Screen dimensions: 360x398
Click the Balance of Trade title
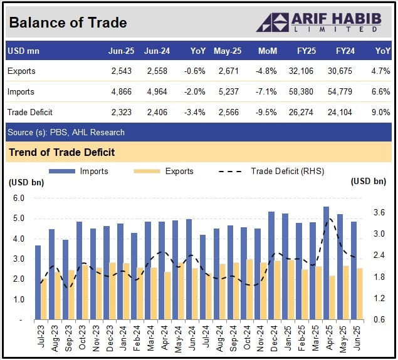click(68, 23)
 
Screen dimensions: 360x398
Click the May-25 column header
click(226, 50)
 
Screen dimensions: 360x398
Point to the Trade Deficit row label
click(30, 112)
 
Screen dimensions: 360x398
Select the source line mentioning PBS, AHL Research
click(66, 132)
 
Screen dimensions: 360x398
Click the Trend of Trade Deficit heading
click(61, 152)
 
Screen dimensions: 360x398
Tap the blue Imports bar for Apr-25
click(326, 263)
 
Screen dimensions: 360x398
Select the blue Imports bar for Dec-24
click(271, 265)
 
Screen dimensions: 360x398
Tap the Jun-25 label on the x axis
click(355, 339)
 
